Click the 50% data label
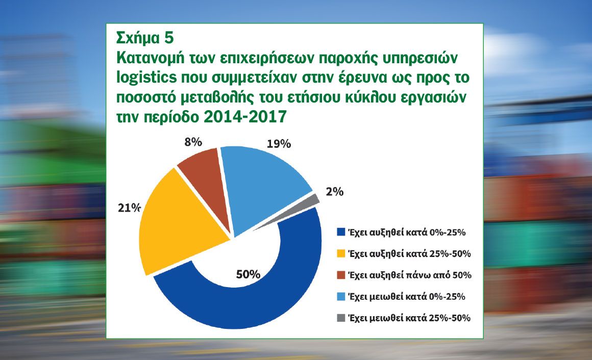[248, 274]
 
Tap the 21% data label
[129, 208]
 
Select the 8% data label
[193, 142]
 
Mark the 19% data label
[279, 144]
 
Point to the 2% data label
[334, 192]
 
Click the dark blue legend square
[341, 232]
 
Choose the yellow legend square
[341, 253]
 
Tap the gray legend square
[341, 318]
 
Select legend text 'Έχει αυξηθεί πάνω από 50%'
[410, 275]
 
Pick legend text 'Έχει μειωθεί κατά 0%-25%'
[407, 297]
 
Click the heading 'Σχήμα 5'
[145, 38]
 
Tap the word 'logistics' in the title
[146, 78]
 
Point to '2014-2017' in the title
[245, 117]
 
